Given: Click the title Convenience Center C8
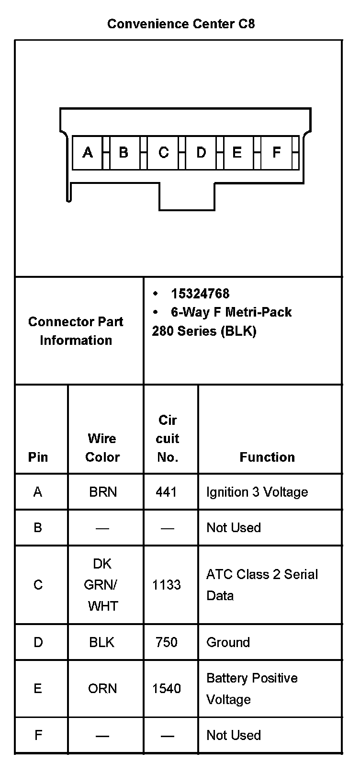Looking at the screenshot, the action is (180, 24).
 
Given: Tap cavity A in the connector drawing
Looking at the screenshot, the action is (88, 152).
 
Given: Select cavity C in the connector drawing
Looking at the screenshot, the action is (164, 152).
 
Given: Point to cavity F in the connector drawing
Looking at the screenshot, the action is (276, 152).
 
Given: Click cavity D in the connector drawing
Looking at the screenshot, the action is (201, 152).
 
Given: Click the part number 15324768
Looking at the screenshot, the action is (200, 294).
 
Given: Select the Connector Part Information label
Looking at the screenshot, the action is (76, 331).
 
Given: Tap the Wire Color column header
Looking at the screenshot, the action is (102, 447).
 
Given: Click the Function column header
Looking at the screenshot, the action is (267, 457).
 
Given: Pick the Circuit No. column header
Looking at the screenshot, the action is (168, 438).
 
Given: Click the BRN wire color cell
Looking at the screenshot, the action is (103, 492).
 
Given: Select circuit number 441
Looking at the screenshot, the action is (167, 492).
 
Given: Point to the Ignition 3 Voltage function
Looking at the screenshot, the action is (257, 492).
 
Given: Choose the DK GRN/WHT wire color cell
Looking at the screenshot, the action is (102, 585).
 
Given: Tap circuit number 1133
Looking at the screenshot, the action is (167, 585).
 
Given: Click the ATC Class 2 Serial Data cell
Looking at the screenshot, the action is (262, 585).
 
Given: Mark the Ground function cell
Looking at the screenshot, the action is (228, 642).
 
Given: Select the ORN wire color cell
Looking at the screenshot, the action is (102, 688).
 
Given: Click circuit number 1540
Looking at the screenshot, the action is (167, 688).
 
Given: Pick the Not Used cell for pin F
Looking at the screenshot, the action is (234, 735).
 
